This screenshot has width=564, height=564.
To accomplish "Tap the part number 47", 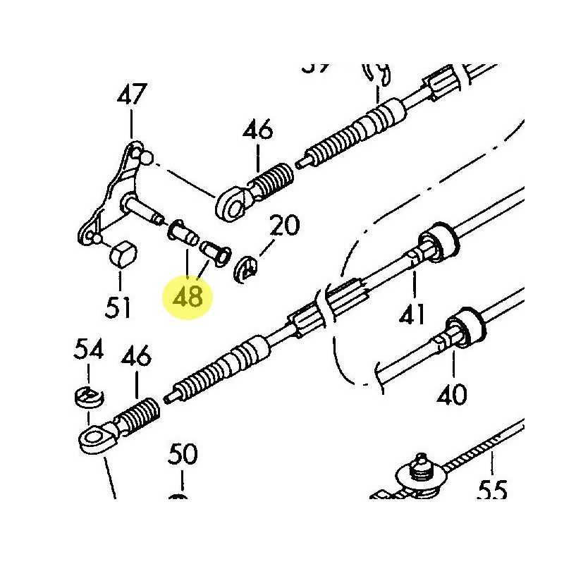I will tap(133, 96).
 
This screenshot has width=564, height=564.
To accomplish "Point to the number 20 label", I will tap(285, 227).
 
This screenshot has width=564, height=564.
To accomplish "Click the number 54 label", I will tap(90, 350).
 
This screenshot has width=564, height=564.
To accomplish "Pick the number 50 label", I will tap(183, 455).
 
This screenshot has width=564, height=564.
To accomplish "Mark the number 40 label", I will tap(451, 395).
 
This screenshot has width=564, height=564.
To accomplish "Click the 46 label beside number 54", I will tap(135, 356).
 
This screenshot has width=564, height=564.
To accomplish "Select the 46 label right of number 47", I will tap(258, 130).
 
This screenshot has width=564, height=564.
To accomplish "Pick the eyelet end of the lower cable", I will tap(95, 440).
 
